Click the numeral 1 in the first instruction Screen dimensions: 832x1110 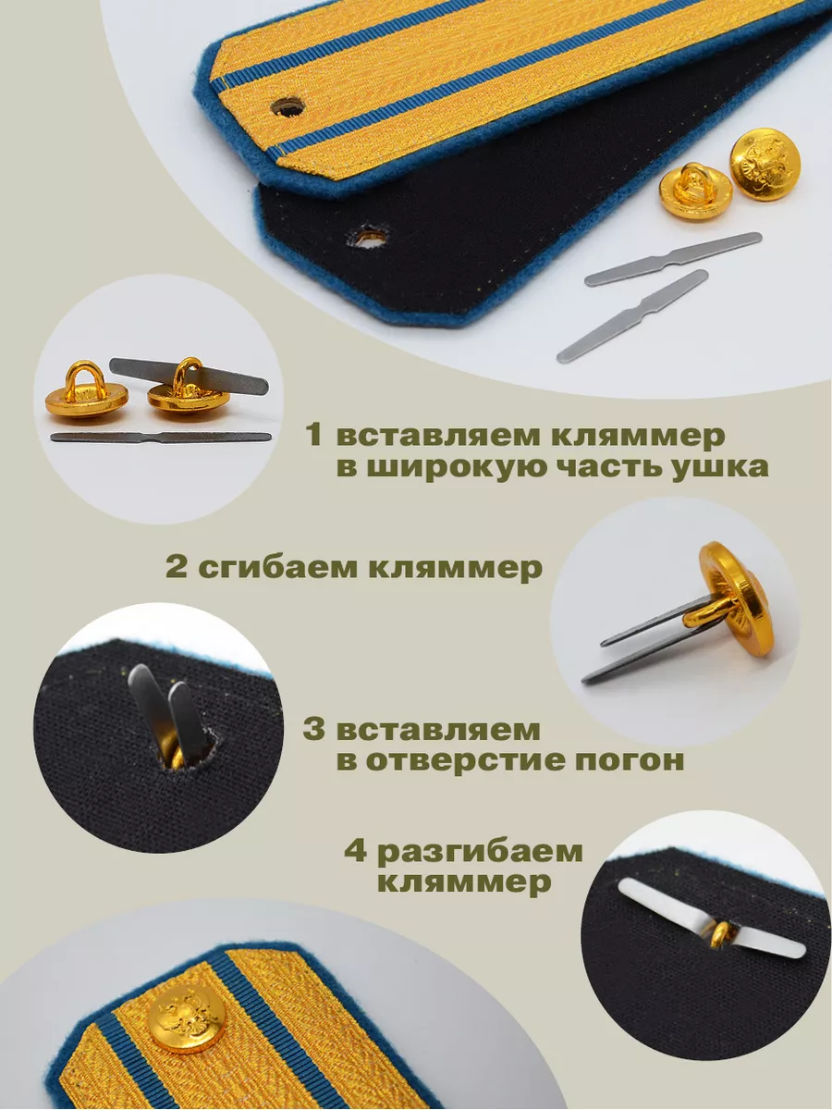314,435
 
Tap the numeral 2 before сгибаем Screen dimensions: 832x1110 177,567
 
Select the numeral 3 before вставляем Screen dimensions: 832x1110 313,730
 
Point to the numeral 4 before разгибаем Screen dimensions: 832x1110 356,851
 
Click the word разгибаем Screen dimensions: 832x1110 480,853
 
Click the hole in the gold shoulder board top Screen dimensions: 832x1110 288,106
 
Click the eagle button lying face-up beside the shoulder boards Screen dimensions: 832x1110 763,165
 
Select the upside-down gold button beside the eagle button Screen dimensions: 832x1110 695,191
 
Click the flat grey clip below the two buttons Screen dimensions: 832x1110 161,437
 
